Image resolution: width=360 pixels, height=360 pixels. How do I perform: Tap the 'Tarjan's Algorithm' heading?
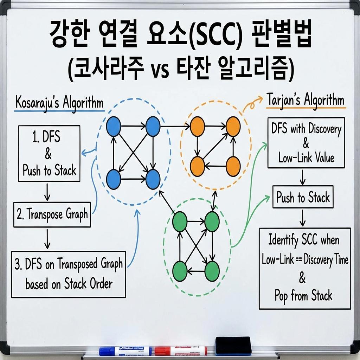[305, 100]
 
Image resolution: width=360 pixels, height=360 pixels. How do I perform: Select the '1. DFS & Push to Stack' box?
[49, 154]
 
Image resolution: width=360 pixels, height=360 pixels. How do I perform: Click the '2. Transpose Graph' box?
[52, 214]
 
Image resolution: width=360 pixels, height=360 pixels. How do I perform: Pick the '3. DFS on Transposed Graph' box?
[68, 274]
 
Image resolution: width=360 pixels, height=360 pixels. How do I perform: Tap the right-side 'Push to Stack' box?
[303, 197]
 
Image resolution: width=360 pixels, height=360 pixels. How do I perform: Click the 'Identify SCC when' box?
[304, 268]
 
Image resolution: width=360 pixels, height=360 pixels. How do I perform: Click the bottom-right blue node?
[153, 179]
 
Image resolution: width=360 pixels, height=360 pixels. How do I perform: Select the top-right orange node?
[233, 126]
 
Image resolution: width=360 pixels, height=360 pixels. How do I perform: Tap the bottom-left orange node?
[197, 166]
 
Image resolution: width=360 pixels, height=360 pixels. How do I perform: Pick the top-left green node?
[180, 222]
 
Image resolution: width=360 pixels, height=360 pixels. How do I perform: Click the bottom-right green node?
[212, 271]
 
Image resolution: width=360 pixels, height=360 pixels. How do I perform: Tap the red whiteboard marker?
[181, 351]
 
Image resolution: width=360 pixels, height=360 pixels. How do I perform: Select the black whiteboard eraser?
[233, 346]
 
